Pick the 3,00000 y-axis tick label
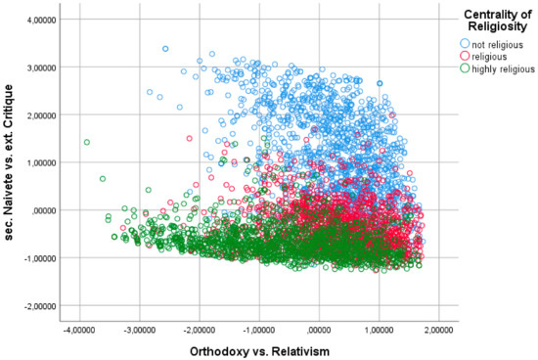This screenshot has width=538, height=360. click(40, 67)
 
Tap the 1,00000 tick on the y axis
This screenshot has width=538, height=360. click(40, 162)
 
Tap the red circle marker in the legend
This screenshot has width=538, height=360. click(464, 58)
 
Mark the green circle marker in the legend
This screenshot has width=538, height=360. click(464, 72)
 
